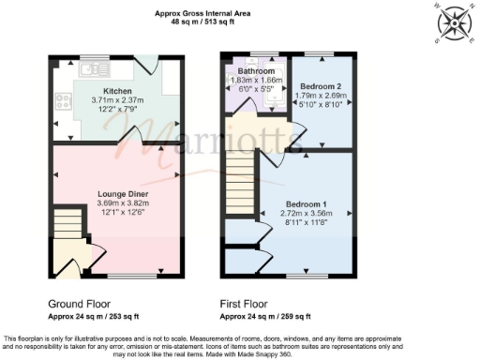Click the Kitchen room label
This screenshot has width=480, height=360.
pos(117,91)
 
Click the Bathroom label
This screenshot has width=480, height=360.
pos(256,71)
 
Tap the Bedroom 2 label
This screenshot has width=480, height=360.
pos(318,85)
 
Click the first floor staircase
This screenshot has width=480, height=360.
pos(239,184)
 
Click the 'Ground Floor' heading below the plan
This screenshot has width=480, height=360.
pos(78,304)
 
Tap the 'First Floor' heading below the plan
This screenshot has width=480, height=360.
pos(244,304)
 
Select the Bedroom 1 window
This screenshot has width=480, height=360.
pos(308,277)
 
